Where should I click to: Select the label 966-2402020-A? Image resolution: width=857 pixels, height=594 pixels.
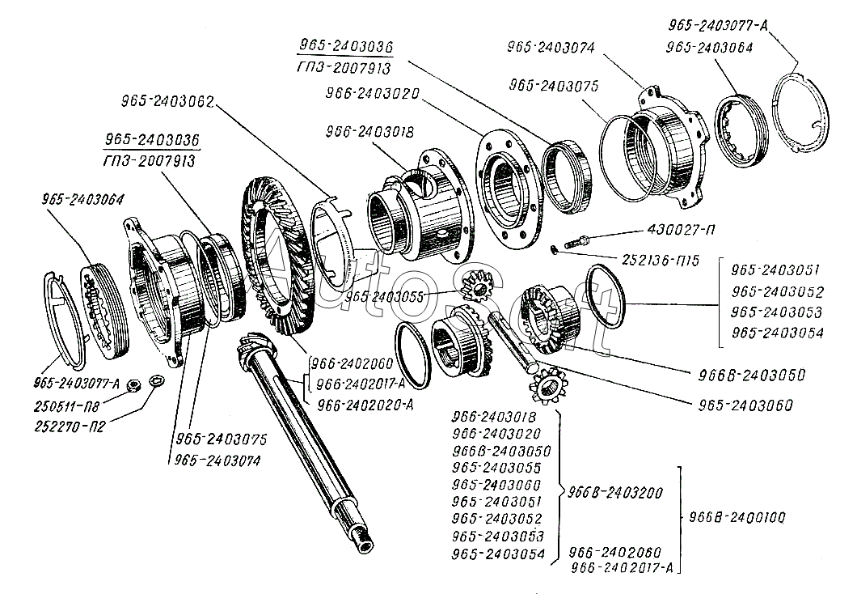tap(365, 406)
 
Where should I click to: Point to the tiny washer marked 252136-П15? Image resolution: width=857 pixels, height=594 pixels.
tap(555, 248)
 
